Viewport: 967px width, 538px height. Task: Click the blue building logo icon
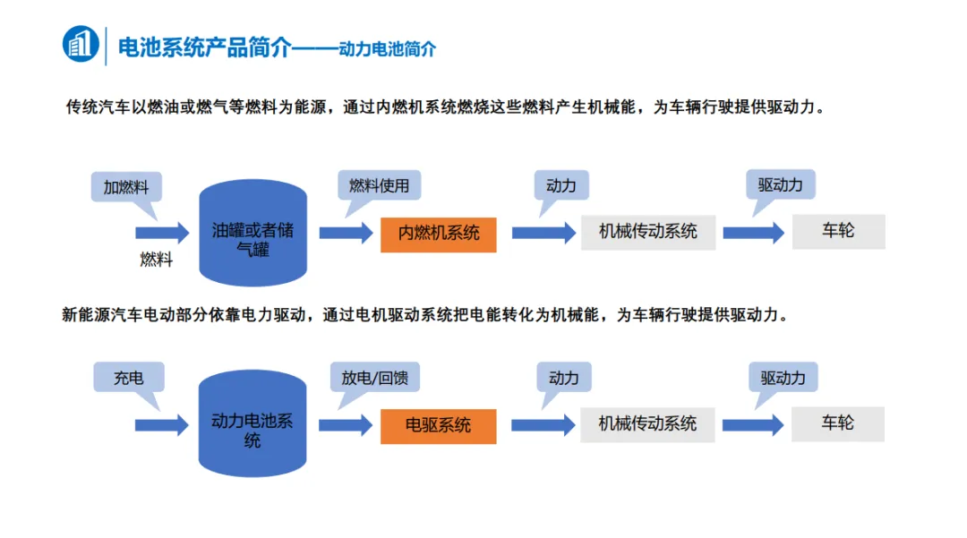click(x=81, y=45)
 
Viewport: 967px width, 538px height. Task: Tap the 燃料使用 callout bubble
click(x=379, y=186)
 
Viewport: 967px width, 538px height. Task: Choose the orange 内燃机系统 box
click(x=439, y=234)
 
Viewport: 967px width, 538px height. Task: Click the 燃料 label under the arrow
click(x=156, y=260)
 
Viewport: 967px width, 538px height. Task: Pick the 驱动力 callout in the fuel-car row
click(x=781, y=185)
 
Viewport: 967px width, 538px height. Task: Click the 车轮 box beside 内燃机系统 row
click(x=838, y=231)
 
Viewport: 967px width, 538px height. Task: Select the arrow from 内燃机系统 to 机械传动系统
click(x=543, y=234)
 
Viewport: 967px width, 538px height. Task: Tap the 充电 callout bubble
click(x=129, y=378)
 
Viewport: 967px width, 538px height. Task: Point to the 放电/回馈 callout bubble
click(x=374, y=378)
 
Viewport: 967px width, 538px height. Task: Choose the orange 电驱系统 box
click(x=439, y=425)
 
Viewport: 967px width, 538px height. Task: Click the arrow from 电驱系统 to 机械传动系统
click(x=543, y=425)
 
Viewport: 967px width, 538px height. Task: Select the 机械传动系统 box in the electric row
click(x=647, y=423)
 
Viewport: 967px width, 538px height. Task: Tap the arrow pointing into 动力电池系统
click(x=162, y=425)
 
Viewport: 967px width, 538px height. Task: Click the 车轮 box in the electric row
click(x=838, y=423)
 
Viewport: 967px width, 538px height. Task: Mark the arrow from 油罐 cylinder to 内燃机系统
click(x=346, y=234)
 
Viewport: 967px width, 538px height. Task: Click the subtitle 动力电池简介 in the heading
click(x=388, y=49)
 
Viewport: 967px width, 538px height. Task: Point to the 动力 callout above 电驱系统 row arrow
click(x=564, y=378)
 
